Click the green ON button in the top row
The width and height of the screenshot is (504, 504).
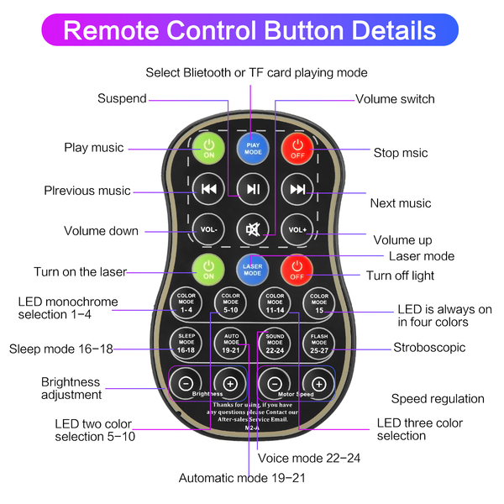coord(207,149)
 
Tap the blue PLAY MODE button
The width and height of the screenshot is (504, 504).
coord(252,149)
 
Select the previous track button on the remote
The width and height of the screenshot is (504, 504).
coord(208,189)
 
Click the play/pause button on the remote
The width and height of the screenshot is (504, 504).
coord(252,189)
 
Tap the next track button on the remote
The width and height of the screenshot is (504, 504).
coord(297,189)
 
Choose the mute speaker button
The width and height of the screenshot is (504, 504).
coord(252,228)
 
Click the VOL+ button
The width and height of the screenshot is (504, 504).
coord(297,228)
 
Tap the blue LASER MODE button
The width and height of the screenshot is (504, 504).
coord(252,270)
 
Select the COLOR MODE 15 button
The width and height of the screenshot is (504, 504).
coord(319,302)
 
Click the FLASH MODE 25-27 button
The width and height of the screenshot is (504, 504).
coord(319,343)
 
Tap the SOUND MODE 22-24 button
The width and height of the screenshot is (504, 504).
coord(274,343)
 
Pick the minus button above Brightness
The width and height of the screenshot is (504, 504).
coord(185,383)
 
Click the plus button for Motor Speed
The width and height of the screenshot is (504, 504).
coord(319,383)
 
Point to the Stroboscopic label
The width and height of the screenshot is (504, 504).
coord(428,348)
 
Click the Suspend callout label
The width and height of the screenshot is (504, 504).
coord(122,98)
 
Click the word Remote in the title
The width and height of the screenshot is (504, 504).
coord(117,31)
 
